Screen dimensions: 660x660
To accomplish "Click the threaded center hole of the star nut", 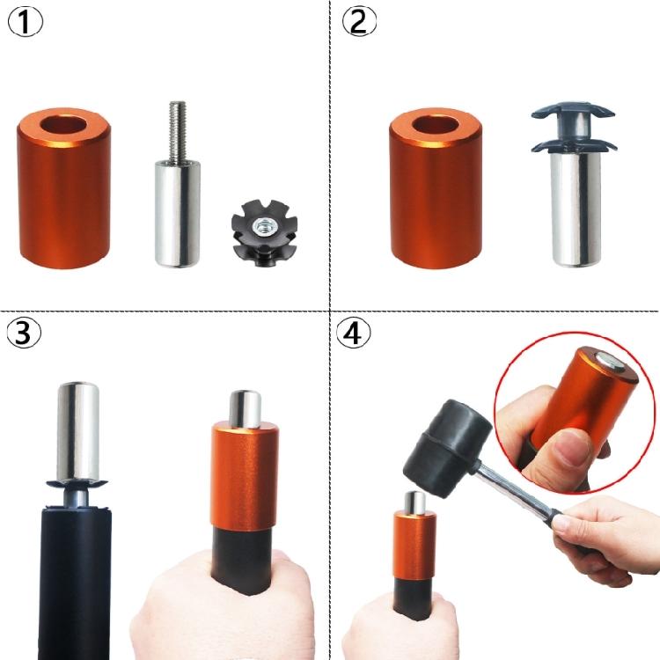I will coord(261,227).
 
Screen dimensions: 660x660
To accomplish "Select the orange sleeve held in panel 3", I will coord(246,480).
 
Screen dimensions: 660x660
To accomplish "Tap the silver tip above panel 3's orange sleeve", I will coord(246,407).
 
